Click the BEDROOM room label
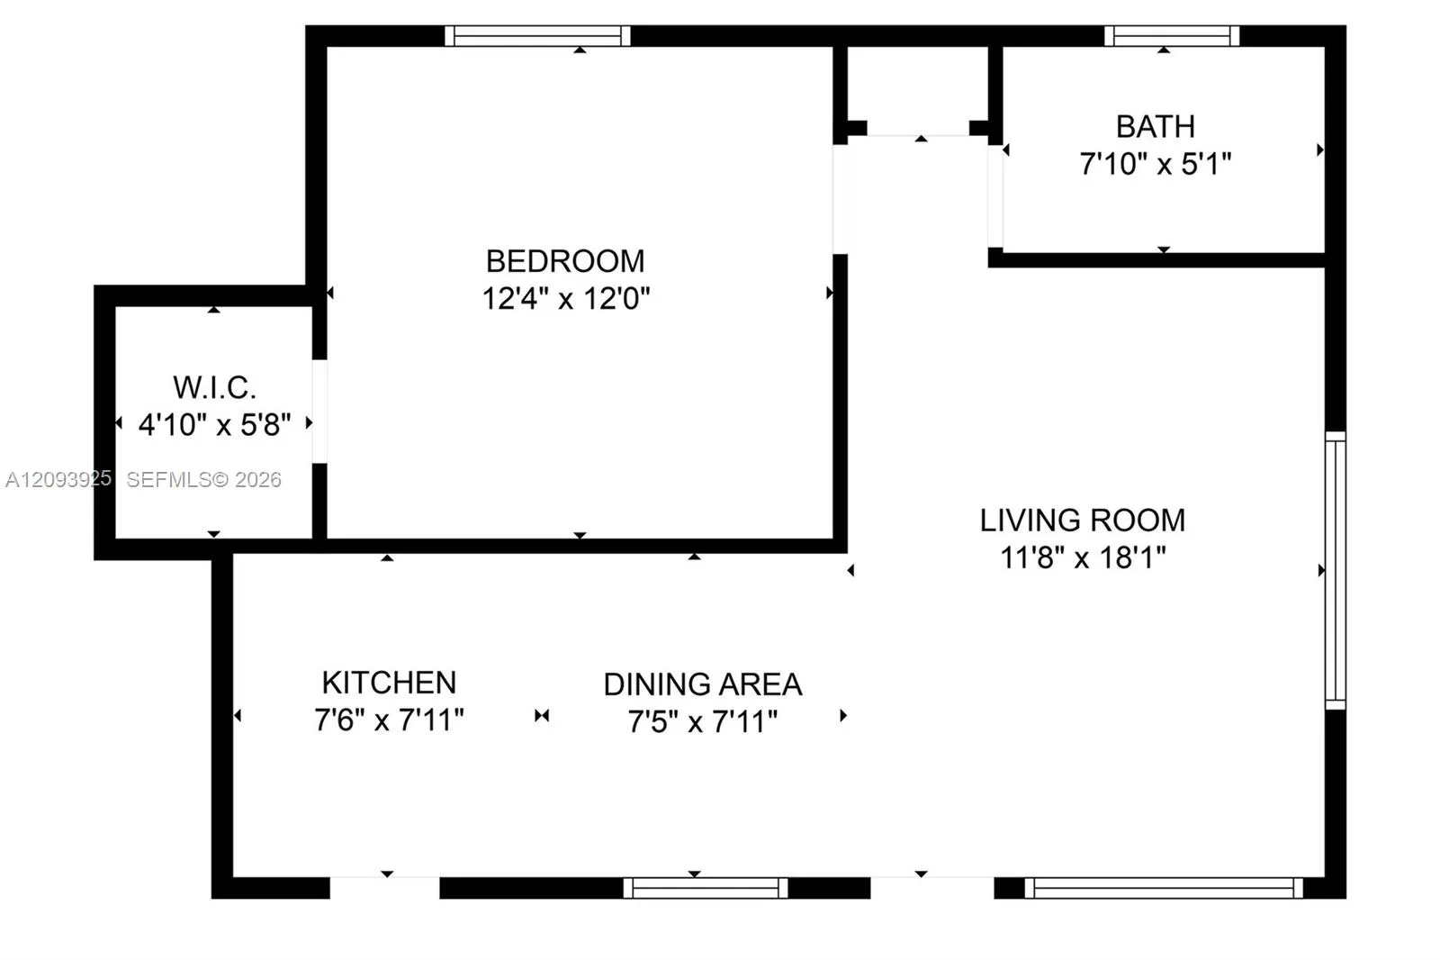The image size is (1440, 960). tap(565, 261)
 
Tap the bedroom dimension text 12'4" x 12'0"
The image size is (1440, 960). tap(566, 299)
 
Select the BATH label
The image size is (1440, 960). tap(1156, 127)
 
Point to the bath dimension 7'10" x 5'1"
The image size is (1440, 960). tap(1156, 163)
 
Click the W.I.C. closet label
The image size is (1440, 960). tap(215, 387)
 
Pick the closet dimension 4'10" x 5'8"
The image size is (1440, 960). tap(215, 425)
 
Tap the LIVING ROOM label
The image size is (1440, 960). tap(1083, 520)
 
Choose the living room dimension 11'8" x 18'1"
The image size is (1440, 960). tap(1083, 557)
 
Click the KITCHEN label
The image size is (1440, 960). tap(389, 683)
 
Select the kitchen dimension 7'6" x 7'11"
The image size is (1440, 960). tap(389, 720)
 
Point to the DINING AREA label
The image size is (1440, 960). tap(703, 684)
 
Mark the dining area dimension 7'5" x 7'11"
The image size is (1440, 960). tap(703, 722)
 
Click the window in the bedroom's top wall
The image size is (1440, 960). tap(537, 36)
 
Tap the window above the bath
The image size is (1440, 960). tap(1172, 36)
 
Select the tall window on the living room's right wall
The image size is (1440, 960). tap(1336, 571)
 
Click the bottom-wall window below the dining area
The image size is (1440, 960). tap(706, 888)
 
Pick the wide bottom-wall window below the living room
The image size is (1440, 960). tap(1164, 888)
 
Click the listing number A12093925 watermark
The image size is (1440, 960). tap(58, 479)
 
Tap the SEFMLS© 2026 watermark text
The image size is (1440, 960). tap(203, 479)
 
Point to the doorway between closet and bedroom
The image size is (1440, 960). tap(319, 412)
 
